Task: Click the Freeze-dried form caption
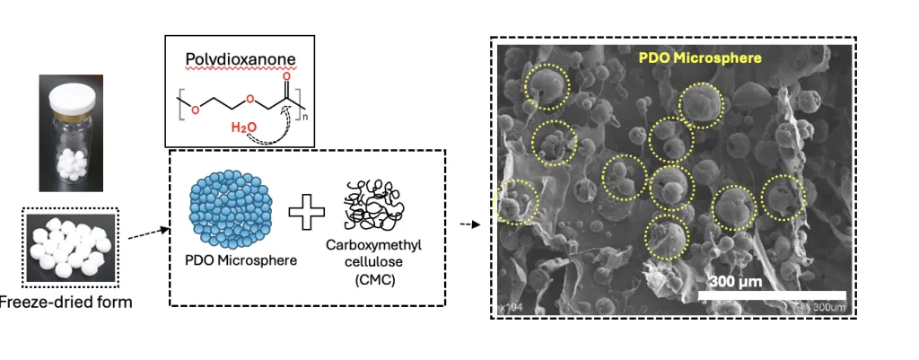pos(66,302)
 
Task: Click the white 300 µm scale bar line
pos(772,294)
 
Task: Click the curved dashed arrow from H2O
pos(274,126)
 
